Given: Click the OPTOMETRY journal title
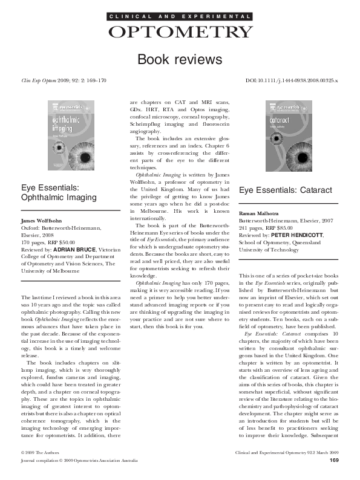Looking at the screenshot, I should (x=180, y=32).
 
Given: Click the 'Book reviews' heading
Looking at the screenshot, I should (x=180, y=59).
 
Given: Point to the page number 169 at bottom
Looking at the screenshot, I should (x=333, y=478).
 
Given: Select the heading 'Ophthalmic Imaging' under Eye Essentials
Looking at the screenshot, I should (x=59, y=197).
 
